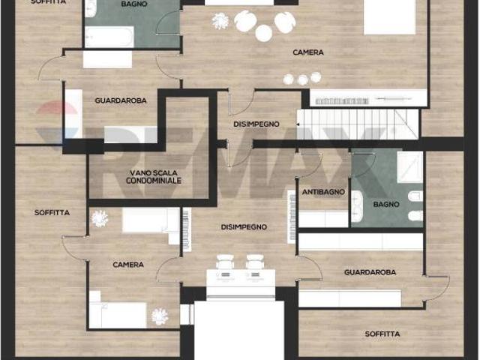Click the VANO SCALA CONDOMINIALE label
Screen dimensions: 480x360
point(154,177)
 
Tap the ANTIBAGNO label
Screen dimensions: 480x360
point(323,192)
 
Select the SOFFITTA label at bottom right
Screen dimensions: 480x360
point(382,334)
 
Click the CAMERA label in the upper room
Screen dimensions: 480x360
point(308,52)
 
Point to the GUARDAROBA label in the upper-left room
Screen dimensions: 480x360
point(121,100)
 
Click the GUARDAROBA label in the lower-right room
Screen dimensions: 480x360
point(370,272)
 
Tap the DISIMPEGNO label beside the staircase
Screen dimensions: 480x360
point(256,124)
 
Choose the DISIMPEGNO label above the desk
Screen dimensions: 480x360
point(244,226)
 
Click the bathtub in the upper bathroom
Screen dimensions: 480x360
point(109,37)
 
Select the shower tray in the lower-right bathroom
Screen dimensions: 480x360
point(410,167)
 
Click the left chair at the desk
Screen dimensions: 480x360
point(225,262)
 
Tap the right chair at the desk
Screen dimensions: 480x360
point(255,262)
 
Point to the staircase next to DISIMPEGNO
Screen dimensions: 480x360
point(358,124)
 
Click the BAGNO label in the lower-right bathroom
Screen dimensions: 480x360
point(386,204)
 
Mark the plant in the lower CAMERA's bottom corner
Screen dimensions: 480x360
point(160,316)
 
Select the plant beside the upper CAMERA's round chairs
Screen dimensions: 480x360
point(220,21)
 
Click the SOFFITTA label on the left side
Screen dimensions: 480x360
point(52,212)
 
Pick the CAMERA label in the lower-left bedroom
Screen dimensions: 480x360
point(128,265)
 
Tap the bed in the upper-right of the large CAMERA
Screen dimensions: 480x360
point(389,16)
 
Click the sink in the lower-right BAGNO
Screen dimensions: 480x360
point(357,206)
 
